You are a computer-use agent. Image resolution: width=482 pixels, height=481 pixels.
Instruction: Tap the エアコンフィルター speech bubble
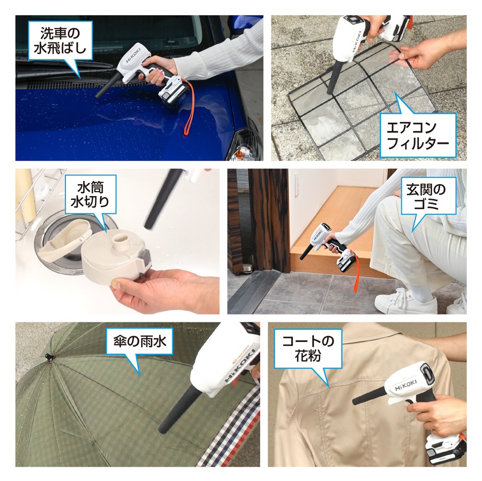(418, 136)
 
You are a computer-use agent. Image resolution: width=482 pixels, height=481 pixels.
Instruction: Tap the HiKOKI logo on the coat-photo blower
(406, 388)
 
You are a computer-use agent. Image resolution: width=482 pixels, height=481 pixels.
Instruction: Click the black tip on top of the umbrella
(48, 356)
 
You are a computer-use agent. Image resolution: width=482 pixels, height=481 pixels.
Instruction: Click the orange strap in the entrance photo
(356, 275)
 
